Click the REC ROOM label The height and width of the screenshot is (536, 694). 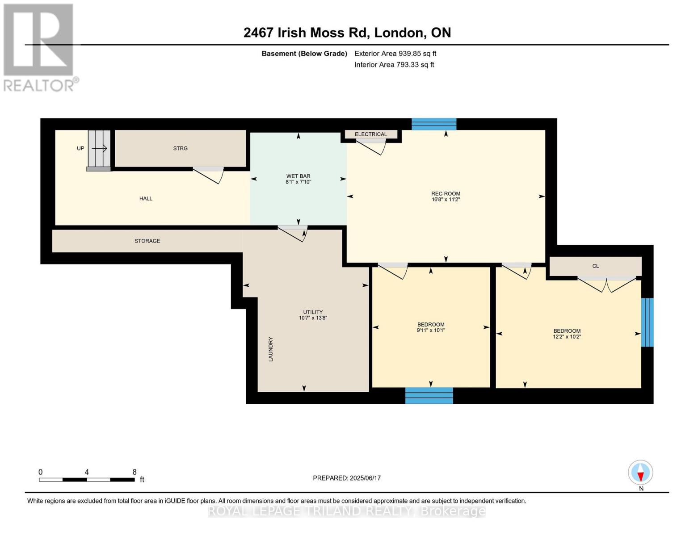[x=446, y=194]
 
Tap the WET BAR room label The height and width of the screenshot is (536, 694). [x=298, y=176]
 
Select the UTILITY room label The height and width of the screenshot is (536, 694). [x=313, y=312]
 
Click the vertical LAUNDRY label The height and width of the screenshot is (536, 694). [x=270, y=349]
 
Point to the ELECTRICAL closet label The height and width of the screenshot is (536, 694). [x=371, y=134]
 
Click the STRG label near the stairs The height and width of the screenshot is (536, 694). [x=181, y=148]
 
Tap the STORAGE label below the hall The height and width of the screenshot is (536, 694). [x=147, y=241]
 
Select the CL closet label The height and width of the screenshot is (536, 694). [x=595, y=266]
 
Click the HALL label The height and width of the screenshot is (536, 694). [x=146, y=199]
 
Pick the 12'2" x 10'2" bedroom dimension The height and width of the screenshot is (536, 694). [x=567, y=337]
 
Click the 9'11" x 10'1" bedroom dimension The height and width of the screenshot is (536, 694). [x=431, y=331]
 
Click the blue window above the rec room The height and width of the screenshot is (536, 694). [x=434, y=124]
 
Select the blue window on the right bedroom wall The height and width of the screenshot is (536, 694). [x=647, y=322]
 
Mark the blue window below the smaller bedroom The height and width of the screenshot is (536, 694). [x=429, y=396]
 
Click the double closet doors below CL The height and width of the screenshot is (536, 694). [x=607, y=284]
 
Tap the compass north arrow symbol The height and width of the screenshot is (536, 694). [x=640, y=473]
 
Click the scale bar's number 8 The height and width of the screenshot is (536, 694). [x=135, y=472]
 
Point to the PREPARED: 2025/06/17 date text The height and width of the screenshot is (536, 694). [x=347, y=478]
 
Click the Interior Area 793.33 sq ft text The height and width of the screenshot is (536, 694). [x=394, y=65]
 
